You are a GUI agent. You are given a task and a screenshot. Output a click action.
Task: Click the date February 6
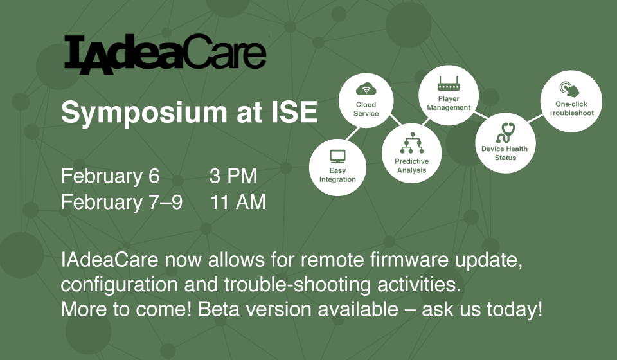[x=110, y=176]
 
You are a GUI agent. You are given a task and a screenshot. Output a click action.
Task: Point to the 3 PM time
[x=233, y=176]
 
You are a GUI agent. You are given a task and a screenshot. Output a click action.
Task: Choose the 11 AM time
[x=238, y=203]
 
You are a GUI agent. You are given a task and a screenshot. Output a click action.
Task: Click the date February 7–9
[x=121, y=203]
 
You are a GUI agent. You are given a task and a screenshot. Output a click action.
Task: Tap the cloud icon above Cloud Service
[x=366, y=89]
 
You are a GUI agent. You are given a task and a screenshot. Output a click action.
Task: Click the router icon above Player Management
[x=449, y=84]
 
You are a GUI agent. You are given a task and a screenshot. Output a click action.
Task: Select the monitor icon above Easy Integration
[x=337, y=157]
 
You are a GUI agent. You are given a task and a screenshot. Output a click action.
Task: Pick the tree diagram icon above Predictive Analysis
[x=412, y=143]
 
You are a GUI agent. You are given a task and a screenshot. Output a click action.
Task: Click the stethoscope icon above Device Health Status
[x=506, y=132]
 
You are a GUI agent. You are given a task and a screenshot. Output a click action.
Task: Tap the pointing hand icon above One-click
[x=569, y=89]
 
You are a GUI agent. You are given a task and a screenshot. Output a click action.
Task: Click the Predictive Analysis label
[x=411, y=166]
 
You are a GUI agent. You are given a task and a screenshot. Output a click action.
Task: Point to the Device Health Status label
[x=505, y=153]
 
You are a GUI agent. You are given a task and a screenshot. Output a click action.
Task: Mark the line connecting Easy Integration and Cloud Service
[x=353, y=133]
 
